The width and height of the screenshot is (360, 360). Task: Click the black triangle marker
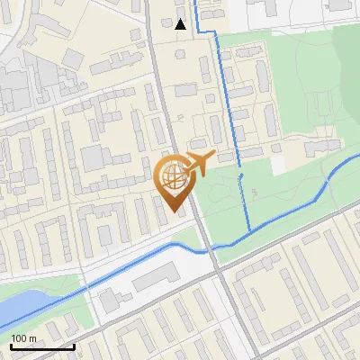[181, 24]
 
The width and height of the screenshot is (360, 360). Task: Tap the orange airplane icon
[199, 163]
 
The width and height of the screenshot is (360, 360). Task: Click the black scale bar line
[41, 346]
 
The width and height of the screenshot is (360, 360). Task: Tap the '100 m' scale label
[24, 338]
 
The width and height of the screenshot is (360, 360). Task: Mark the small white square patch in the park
[279, 166]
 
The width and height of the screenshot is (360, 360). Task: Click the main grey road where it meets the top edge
[148, 3]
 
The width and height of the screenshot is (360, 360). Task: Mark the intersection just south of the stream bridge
[218, 269]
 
